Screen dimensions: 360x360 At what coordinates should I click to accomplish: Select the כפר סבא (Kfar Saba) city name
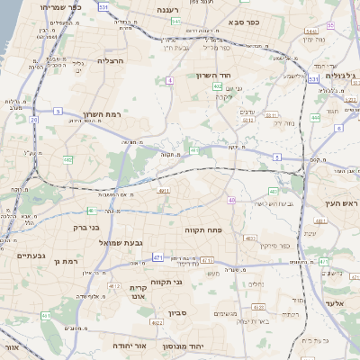point(245,21)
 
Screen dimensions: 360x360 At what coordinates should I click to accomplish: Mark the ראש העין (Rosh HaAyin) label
point(341,204)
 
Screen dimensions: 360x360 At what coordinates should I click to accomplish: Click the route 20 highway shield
point(33,119)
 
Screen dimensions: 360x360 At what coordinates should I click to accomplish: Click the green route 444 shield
point(315,118)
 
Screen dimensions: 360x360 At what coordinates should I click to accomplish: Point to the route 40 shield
point(231,200)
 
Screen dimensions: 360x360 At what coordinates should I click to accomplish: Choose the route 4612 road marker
point(114,285)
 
